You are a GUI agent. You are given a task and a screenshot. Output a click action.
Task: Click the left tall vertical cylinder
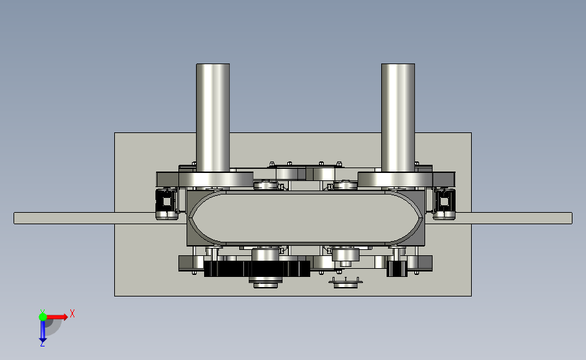pyautogui.click(x=213, y=118)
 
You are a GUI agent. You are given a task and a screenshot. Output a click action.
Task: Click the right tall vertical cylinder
pyautogui.click(x=397, y=118)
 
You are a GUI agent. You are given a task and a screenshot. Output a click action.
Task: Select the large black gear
pyautogui.click(x=257, y=269)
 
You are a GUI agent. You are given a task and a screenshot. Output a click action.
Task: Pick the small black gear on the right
pyautogui.click(x=397, y=269)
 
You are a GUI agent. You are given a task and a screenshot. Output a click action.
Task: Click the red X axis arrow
pyautogui.click(x=55, y=317)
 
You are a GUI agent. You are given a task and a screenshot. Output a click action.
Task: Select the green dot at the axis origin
pyautogui.click(x=43, y=317)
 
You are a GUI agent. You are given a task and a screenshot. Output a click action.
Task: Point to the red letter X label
pyautogui.click(x=72, y=313)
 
